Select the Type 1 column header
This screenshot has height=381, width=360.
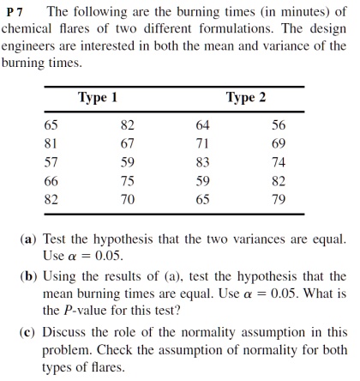97,97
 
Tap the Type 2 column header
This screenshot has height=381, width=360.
246,97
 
